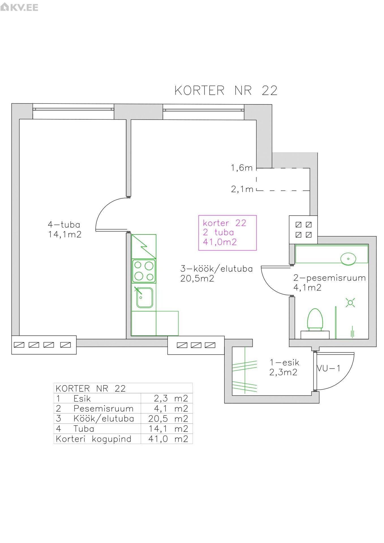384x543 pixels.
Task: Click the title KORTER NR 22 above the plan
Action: pyautogui.click(x=226, y=90)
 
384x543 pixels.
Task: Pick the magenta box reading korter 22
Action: pyautogui.click(x=228, y=233)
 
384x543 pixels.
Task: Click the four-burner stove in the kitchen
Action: pyautogui.click(x=144, y=271)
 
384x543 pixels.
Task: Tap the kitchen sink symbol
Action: pyautogui.click(x=144, y=297)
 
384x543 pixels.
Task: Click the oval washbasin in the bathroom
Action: pyautogui.click(x=348, y=258)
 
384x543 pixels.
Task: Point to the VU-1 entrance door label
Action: pyautogui.click(x=328, y=368)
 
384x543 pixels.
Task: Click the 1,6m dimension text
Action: pyautogui.click(x=242, y=168)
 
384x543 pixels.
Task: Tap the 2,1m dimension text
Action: pyautogui.click(x=242, y=189)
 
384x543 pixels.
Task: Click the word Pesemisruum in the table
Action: pyautogui.click(x=103, y=409)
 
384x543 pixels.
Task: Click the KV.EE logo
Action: pyautogui.click(x=19, y=7)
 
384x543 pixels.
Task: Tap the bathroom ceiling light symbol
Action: pyautogui.click(x=350, y=303)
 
